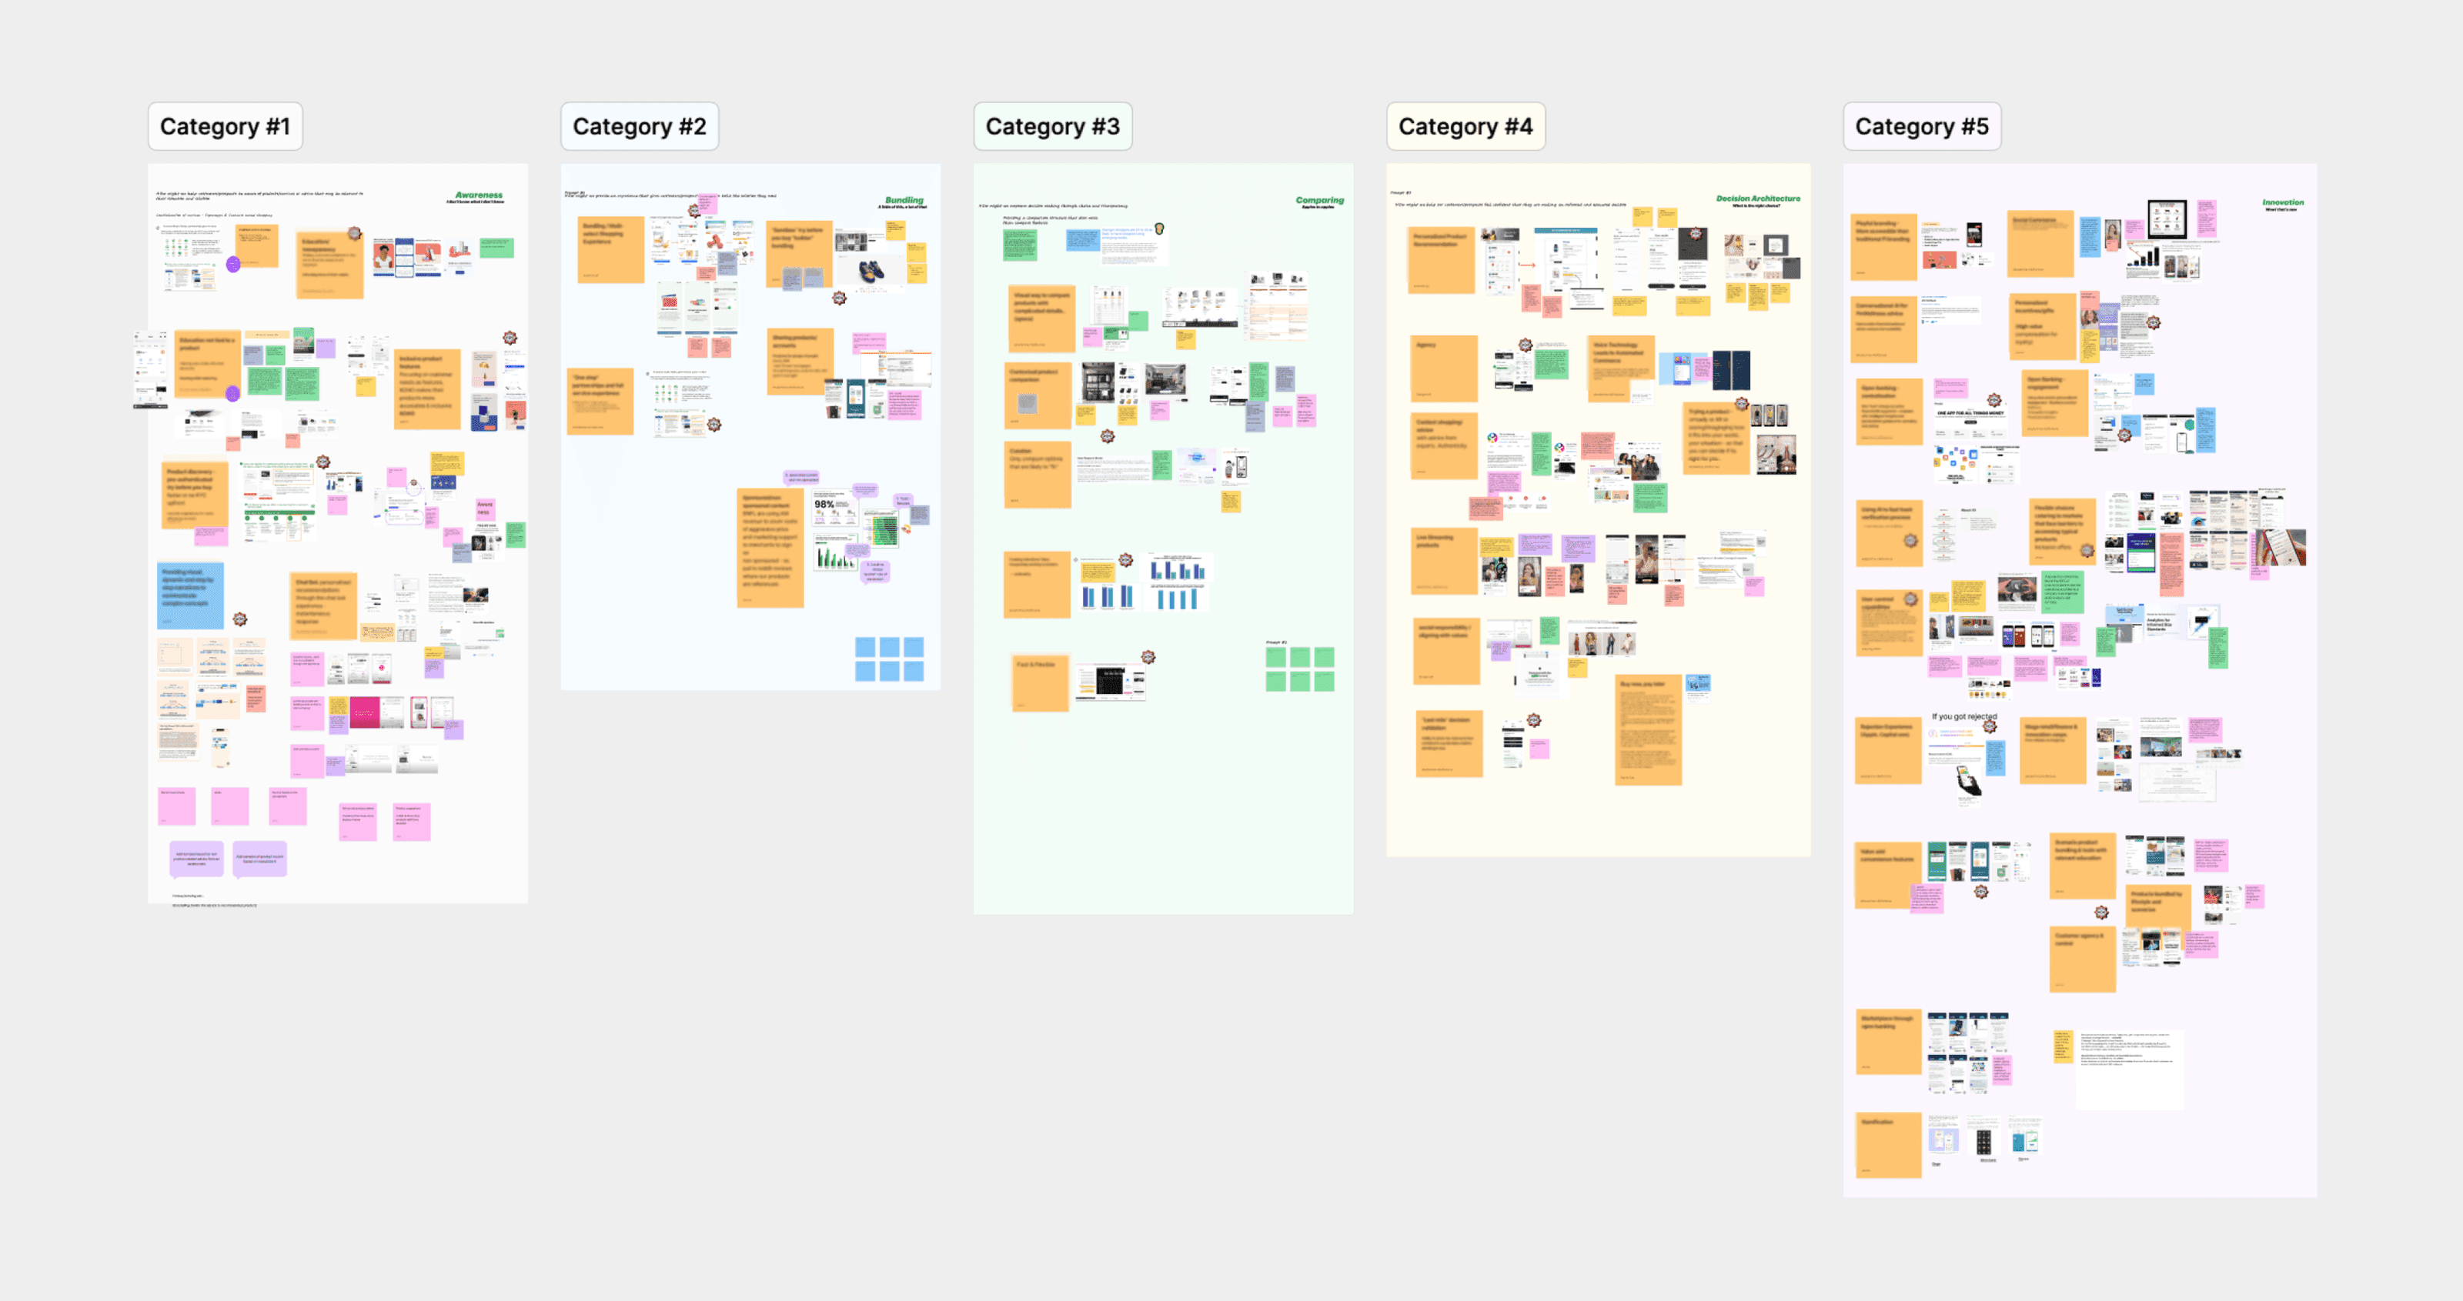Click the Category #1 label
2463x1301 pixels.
[225, 126]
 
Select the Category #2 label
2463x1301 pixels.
[639, 126]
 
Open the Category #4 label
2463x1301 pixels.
[1465, 126]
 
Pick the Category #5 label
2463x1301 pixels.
[1921, 126]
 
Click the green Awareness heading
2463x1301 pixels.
[478, 195]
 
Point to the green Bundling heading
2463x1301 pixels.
[904, 201]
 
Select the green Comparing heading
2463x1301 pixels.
[1319, 201]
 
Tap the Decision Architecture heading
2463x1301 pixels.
[1757, 198]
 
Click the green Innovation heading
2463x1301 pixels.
[2282, 202]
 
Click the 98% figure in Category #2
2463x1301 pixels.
[824, 504]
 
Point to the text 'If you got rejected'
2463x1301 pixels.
[1964, 716]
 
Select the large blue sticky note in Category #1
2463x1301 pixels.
[190, 595]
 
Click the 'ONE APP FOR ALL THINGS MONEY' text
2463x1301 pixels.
[1970, 414]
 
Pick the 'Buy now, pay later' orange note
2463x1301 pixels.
[1647, 730]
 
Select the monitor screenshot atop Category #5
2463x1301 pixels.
[2167, 219]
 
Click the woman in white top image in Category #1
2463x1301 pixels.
[383, 258]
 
